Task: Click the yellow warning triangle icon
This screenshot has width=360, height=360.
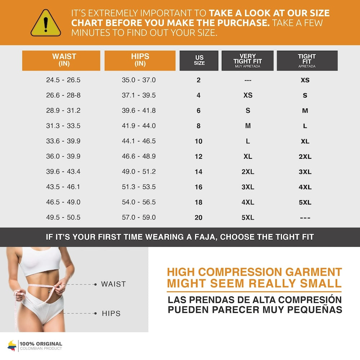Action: (x=46, y=23)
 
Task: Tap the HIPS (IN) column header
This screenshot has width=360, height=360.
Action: (x=140, y=60)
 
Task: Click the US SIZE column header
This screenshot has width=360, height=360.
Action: (x=199, y=60)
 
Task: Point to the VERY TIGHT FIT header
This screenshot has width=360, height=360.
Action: (x=248, y=60)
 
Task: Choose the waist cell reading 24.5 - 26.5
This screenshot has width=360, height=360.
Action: (x=63, y=80)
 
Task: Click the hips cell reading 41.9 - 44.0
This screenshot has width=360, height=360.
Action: (x=139, y=126)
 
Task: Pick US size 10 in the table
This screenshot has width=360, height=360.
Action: (x=199, y=141)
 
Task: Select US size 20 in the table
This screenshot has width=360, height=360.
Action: (x=199, y=217)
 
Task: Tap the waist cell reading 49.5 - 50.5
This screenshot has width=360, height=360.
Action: (x=63, y=217)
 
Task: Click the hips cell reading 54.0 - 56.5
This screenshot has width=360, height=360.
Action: (x=139, y=202)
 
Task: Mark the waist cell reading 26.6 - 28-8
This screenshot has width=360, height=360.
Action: (x=63, y=95)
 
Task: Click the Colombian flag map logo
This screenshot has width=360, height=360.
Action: (x=12, y=346)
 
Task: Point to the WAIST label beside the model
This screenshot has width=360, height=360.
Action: (x=113, y=284)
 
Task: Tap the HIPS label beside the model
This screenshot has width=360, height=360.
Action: (x=111, y=314)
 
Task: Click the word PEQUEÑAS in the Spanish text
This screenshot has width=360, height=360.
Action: (x=315, y=310)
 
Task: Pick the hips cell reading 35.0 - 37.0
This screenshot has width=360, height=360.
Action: (x=139, y=80)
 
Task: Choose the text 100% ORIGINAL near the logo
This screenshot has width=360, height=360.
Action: (x=41, y=344)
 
